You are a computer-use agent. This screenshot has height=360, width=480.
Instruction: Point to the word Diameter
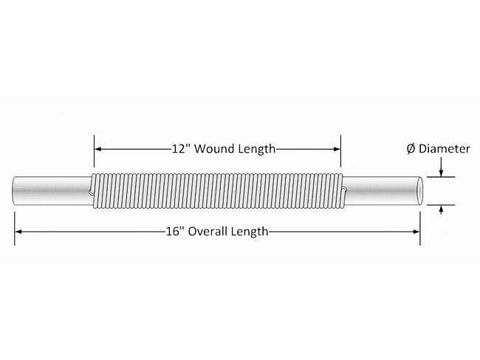[444, 149]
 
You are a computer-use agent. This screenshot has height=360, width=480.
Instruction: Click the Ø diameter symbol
[411, 149]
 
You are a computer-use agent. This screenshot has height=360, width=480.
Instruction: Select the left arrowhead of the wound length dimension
[98, 149]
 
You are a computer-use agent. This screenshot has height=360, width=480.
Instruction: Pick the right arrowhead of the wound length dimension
[337, 149]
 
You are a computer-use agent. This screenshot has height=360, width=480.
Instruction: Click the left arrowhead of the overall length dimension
[18, 232]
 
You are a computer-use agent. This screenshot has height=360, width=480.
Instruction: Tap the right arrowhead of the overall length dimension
[416, 232]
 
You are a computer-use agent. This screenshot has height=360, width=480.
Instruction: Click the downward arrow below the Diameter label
[441, 167]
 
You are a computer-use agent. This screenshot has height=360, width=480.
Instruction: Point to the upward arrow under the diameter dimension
[441, 210]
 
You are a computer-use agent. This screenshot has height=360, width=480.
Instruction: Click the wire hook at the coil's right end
[344, 191]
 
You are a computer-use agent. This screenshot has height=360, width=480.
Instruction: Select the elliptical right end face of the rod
[419, 191]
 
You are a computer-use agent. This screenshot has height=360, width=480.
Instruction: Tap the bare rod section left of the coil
[52, 190]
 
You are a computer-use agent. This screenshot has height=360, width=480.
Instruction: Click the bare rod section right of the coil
[380, 191]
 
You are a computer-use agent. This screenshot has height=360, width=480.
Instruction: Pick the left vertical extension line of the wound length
[94, 150]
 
